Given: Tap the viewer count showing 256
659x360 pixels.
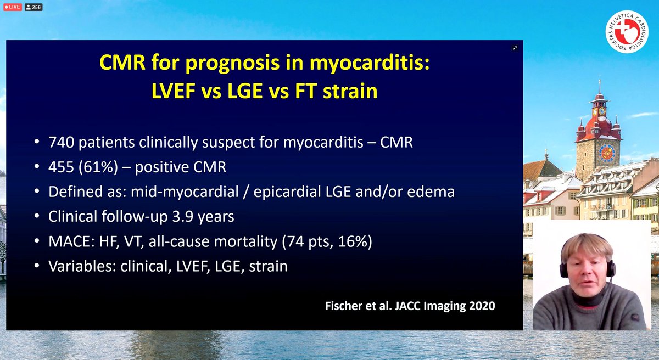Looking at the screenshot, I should point(33,7).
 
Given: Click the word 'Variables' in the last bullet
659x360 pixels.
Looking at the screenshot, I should point(75,266).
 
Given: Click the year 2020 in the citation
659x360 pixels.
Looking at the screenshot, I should point(478,305).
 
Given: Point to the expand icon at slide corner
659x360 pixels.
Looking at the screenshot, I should point(515,48).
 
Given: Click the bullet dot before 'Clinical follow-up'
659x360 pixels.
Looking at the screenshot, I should point(36,217).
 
